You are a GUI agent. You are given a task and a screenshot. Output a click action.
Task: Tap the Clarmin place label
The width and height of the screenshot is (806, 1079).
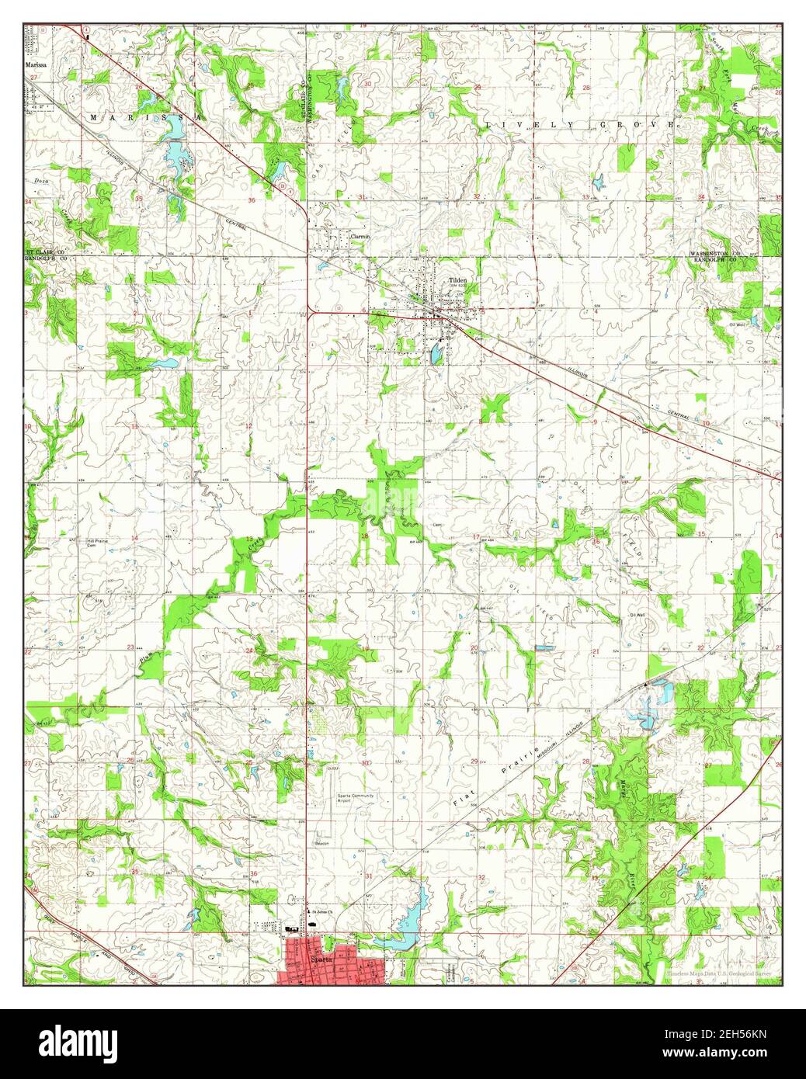pos(360,236)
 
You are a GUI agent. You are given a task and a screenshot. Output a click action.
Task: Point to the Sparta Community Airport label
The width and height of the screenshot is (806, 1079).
pos(355,798)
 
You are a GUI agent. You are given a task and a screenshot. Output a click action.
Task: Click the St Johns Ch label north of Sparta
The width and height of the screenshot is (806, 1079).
pos(320,911)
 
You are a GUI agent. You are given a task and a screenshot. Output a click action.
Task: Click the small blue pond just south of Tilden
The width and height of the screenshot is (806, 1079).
pos(436,354)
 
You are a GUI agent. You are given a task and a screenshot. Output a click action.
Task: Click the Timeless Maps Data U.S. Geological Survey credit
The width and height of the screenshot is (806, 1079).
pos(719,973)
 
